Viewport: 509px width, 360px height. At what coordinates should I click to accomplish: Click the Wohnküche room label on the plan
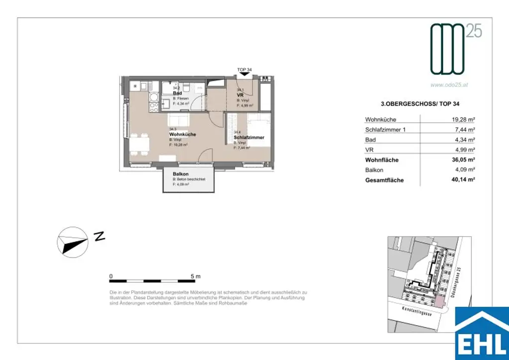coord(182,134)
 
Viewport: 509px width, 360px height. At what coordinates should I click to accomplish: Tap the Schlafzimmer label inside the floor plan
coord(249,137)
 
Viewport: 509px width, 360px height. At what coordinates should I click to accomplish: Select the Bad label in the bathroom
coord(176,93)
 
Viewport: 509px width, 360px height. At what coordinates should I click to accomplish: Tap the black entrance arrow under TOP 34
coord(244,75)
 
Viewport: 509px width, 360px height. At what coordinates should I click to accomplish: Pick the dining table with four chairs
coord(140,145)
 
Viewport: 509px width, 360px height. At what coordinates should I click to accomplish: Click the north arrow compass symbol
coord(73,240)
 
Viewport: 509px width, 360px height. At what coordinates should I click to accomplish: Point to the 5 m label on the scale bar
coord(195,276)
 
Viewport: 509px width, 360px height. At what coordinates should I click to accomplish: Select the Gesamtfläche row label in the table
coord(384,180)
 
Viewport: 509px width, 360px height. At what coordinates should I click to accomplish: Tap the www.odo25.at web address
coord(449,85)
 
